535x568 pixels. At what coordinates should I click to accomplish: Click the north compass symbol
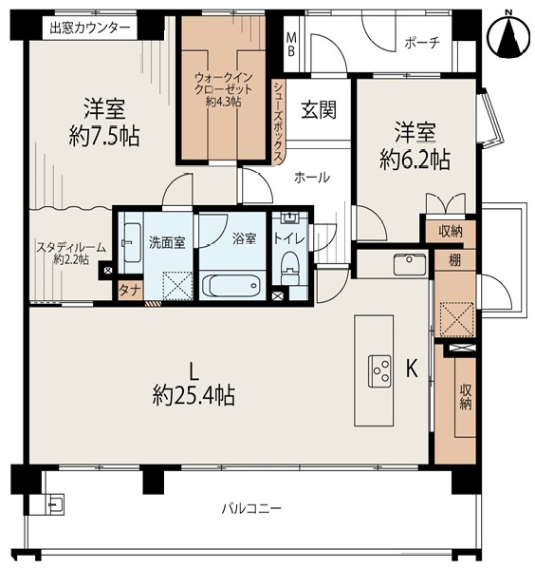pyautogui.click(x=509, y=35)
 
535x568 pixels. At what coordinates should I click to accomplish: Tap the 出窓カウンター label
pyautogui.click(x=90, y=28)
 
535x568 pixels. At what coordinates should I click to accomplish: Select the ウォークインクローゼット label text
pyautogui.click(x=223, y=84)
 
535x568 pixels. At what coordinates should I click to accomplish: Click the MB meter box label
pyautogui.click(x=291, y=45)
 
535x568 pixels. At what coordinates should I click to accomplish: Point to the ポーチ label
pyautogui.click(x=422, y=43)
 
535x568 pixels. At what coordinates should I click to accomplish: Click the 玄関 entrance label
pyautogui.click(x=319, y=110)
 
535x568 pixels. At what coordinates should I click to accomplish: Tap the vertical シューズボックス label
pyautogui.click(x=278, y=122)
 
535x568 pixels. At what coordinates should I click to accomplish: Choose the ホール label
pyautogui.click(x=312, y=178)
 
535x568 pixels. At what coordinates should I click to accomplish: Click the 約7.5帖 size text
pyautogui.click(x=104, y=136)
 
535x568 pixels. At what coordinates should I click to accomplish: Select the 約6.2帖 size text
pyautogui.click(x=415, y=160)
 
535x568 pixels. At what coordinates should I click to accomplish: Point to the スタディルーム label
pyautogui.click(x=71, y=248)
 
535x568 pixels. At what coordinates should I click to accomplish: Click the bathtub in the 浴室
pyautogui.click(x=231, y=286)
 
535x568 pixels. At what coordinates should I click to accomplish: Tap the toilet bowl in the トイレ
pyautogui.click(x=289, y=268)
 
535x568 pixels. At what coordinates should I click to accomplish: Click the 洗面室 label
pyautogui.click(x=167, y=242)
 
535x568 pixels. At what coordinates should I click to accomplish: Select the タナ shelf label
pyautogui.click(x=130, y=291)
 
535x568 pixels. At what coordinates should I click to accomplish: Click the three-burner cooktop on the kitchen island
pyautogui.click(x=379, y=371)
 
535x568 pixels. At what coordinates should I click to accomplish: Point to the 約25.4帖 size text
pyautogui.click(x=194, y=395)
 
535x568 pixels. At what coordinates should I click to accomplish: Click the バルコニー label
pyautogui.click(x=251, y=509)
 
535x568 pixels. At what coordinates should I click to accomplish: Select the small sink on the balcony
pyautogui.click(x=54, y=503)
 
